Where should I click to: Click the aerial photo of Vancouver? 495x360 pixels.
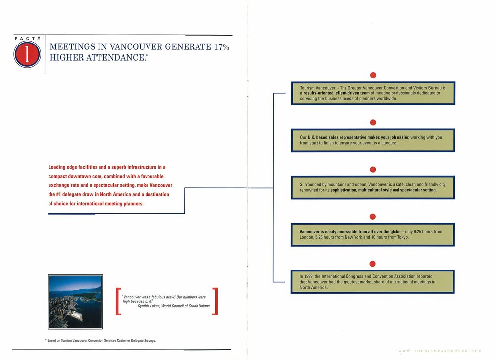[75, 302]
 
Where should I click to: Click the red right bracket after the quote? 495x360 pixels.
[214, 302]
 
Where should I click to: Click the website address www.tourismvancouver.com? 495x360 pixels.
[440, 350]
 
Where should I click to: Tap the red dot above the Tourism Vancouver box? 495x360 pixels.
[374, 75]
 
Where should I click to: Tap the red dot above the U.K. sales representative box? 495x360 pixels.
[374, 122]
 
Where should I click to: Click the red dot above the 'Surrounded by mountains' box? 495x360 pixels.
[374, 169]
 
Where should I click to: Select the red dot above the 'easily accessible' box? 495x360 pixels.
[374, 216]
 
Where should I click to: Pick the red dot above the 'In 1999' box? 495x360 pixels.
[374, 263]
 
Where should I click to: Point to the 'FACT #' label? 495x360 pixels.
[27, 37]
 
